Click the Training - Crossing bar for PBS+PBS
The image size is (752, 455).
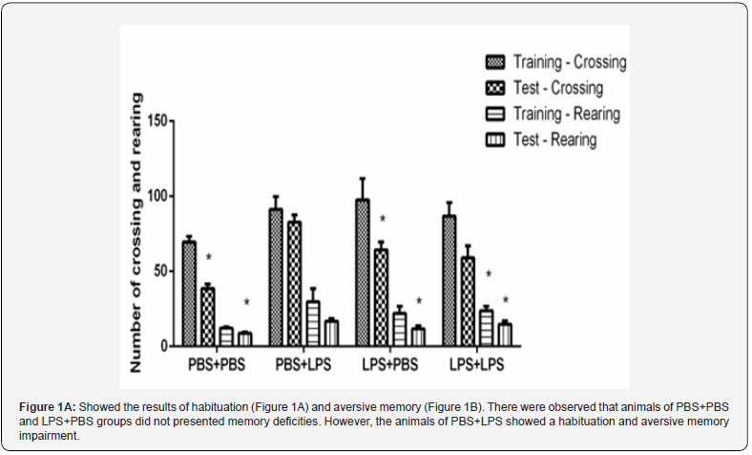point(189,293)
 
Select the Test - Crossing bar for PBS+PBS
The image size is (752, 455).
point(208,316)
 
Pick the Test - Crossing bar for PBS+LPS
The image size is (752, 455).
point(295,284)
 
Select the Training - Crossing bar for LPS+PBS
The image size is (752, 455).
point(363,272)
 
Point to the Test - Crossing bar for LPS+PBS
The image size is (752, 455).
point(381,297)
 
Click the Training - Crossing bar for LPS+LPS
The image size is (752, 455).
point(449,281)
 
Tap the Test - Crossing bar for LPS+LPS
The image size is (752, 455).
point(468,301)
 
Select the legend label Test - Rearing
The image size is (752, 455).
point(554,140)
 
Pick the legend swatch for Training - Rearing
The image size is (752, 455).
point(495,114)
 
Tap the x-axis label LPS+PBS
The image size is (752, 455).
point(390,365)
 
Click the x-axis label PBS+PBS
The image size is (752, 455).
point(217,365)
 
